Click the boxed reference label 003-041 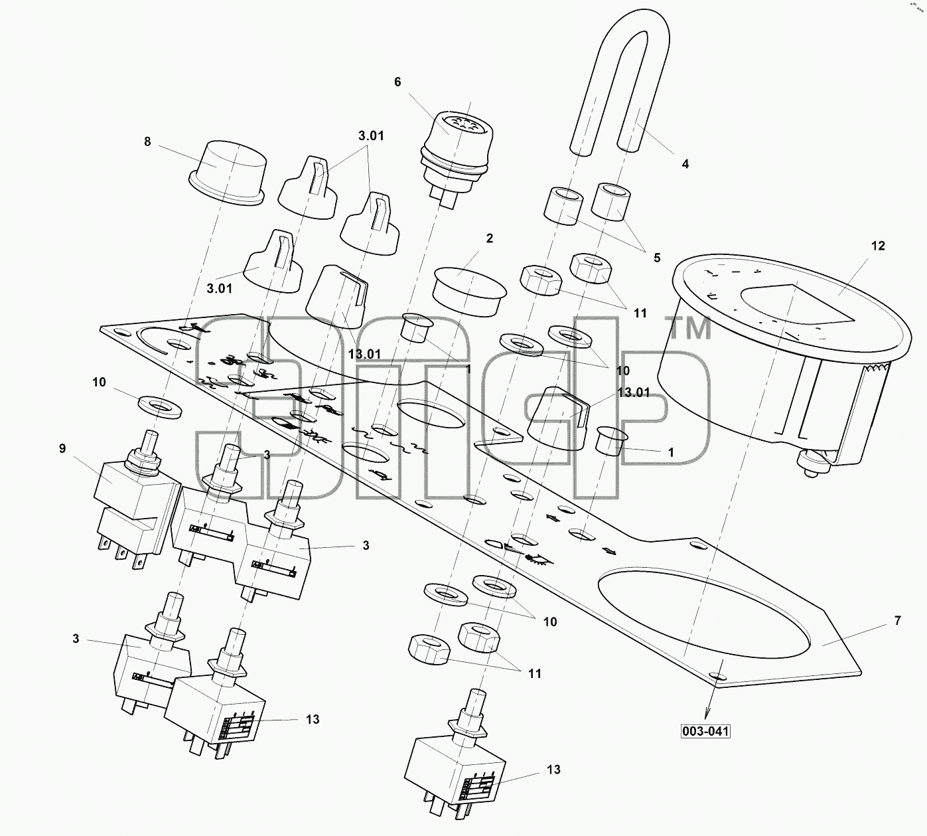[705, 732]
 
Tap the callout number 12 [877, 246]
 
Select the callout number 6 [397, 82]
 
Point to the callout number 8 [147, 141]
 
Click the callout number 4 [685, 164]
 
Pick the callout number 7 [897, 620]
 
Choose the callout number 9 [62, 448]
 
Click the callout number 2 [489, 238]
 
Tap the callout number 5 [657, 258]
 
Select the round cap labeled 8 [226, 173]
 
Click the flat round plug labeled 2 [469, 292]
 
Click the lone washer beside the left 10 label [160, 406]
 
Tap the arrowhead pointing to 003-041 [708, 713]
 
